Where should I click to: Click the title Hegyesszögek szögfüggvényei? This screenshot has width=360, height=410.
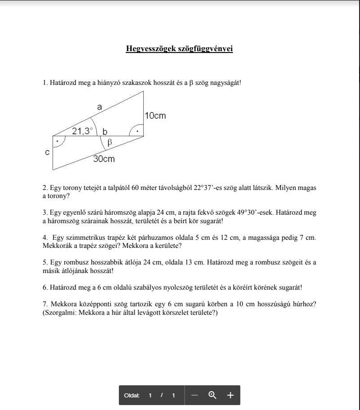[179, 48]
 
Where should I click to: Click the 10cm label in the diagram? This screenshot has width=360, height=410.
[155, 116]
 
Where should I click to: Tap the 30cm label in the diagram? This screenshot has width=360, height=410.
[104, 159]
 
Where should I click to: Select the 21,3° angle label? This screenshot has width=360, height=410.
[83, 131]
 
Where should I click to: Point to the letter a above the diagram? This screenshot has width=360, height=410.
[100, 107]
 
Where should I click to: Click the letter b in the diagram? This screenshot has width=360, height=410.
[105, 132]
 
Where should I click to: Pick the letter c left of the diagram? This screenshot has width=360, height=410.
[48, 153]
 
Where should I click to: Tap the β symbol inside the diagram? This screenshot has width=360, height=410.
[109, 143]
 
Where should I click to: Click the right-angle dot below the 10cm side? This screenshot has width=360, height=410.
[138, 132]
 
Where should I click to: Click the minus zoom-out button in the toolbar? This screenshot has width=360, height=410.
[194, 395]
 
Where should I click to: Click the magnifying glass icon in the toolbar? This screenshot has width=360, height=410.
[212, 395]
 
